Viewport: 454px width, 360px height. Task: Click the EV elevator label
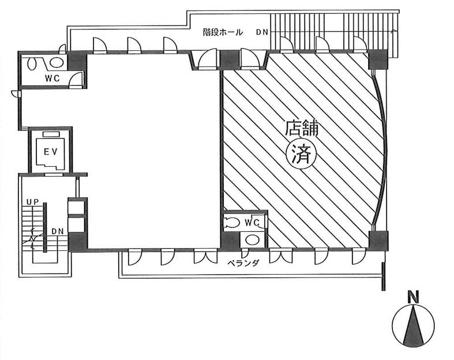[x=51, y=152]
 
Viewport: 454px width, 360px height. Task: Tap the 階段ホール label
[x=222, y=32]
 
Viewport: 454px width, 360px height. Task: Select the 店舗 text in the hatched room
[x=302, y=128]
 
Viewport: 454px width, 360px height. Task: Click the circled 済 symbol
[x=301, y=155]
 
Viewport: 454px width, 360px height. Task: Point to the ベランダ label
[x=243, y=263]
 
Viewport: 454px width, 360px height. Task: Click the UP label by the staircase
[x=33, y=202]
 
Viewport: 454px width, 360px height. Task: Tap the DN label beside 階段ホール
[x=262, y=32]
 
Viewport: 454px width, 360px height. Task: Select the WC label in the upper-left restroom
[x=52, y=78]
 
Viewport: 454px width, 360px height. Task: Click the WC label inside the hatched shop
[x=252, y=223]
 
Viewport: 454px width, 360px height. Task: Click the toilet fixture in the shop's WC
[x=232, y=223]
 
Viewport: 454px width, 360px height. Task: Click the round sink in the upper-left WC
[x=55, y=62]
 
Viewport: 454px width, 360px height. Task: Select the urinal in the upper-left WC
[x=32, y=63]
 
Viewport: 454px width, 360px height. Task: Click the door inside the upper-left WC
[x=76, y=80]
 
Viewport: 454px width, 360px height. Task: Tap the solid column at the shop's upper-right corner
[x=377, y=59]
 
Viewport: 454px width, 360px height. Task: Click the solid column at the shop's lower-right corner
[x=378, y=241]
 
